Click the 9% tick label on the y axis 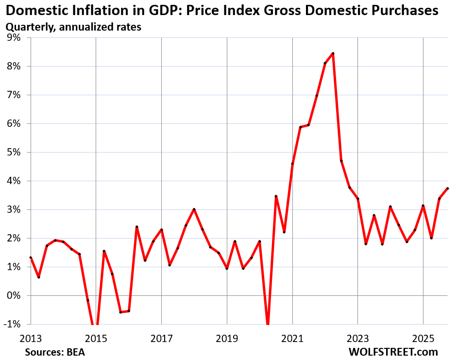[13, 38]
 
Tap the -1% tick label [12, 325]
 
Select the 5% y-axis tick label [13, 153]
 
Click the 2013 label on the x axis [30, 337]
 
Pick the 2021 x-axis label [292, 337]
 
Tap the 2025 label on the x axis [423, 337]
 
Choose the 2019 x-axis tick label [227, 337]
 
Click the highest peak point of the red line [333, 53]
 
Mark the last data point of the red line [447, 189]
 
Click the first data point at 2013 [31, 257]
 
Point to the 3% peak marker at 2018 [194, 209]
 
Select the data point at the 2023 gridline [357, 199]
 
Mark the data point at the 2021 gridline [292, 164]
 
